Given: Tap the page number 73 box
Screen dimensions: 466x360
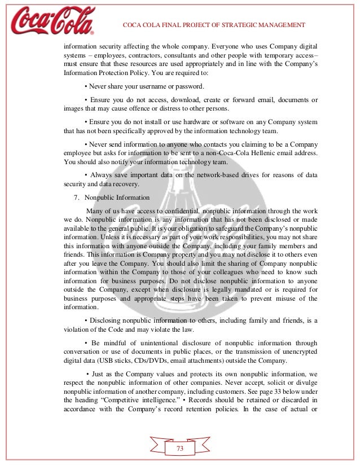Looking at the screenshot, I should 180,448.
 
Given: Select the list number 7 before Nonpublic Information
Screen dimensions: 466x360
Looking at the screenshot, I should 76,197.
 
